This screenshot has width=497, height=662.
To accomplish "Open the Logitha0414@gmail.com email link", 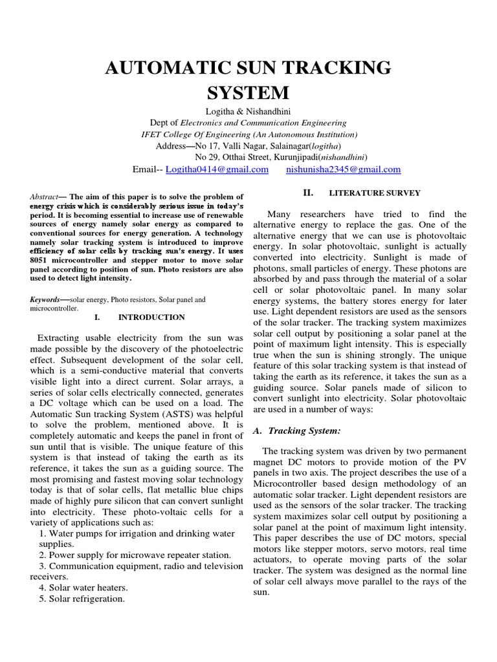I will click(x=216, y=169).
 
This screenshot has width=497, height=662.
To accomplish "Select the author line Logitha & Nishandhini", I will click(x=248, y=111).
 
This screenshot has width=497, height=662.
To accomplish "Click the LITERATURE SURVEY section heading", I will click(x=375, y=193).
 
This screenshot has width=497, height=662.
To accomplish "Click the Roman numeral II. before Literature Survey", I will click(x=308, y=192).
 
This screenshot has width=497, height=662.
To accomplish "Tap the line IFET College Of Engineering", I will click(x=249, y=134).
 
